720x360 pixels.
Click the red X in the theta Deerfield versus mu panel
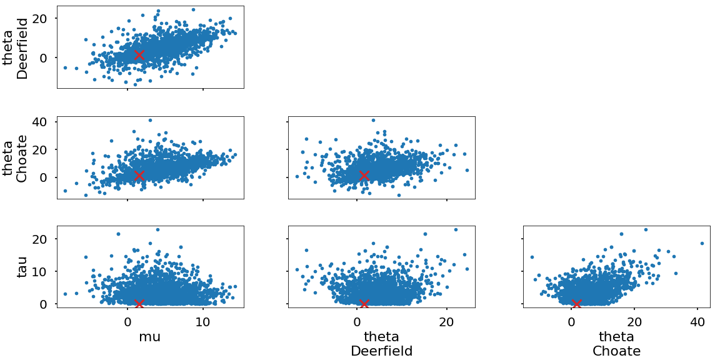click(139, 54)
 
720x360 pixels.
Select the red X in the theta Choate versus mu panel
click(139, 176)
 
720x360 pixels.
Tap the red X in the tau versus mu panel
click(139, 304)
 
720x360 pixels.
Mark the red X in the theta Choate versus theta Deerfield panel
click(364, 176)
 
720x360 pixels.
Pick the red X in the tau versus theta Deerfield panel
click(364, 304)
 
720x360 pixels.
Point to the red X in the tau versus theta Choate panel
click(577, 304)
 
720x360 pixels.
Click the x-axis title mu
click(150, 337)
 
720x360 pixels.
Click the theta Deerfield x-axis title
click(382, 344)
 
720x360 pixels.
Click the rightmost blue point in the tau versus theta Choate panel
click(702, 243)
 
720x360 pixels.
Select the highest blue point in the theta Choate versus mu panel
click(150, 120)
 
